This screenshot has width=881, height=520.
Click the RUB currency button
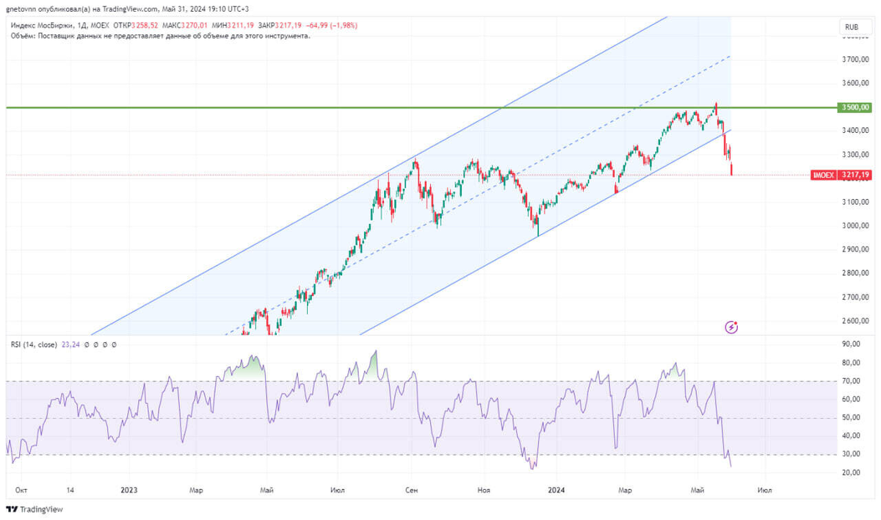click(852, 27)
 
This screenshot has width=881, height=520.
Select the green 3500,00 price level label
click(855, 107)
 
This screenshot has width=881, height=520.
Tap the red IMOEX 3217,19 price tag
click(841, 176)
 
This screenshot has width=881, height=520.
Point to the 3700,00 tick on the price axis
click(855, 59)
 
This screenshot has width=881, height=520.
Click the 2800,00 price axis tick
click(855, 273)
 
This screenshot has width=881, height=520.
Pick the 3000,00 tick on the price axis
click(855, 225)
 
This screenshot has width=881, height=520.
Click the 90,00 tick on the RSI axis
click(851, 344)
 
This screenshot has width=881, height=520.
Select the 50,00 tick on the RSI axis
click(851, 418)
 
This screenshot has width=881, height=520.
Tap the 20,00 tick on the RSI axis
click(851, 473)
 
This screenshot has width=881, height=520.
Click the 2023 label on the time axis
click(129, 490)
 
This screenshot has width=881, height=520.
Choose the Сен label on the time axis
click(412, 490)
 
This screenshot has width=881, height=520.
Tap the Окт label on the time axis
click(22, 490)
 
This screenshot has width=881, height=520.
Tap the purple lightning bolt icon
click(731, 327)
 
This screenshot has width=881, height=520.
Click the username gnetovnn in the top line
click(23, 9)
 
